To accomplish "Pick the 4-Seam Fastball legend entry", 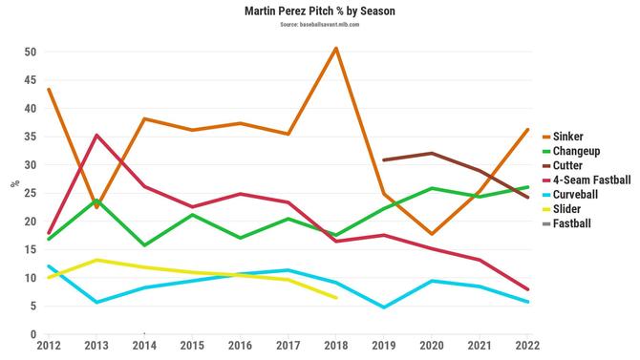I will [x=591, y=180].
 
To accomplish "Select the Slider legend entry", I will [x=571, y=208].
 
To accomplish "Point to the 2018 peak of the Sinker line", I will [x=335, y=48].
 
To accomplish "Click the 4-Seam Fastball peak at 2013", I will [x=96, y=135].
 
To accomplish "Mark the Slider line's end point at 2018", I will [x=335, y=297].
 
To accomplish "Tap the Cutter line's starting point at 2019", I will [x=383, y=160].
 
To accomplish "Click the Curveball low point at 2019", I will [x=383, y=307].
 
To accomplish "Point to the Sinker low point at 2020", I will [x=431, y=234].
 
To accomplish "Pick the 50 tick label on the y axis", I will [x=31, y=52].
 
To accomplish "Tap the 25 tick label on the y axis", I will [x=31, y=193].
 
